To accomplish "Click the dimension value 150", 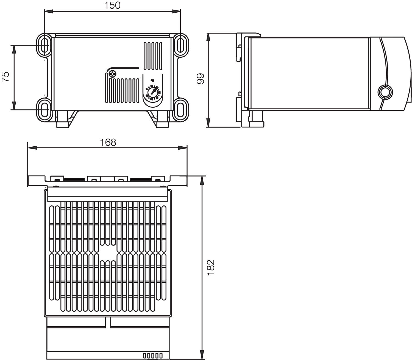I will click(x=112, y=5).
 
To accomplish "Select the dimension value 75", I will click(x=6, y=77).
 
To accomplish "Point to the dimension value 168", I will click(x=108, y=142).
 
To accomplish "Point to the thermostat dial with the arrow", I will click(x=152, y=92).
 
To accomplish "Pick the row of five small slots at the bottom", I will click(x=153, y=356).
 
